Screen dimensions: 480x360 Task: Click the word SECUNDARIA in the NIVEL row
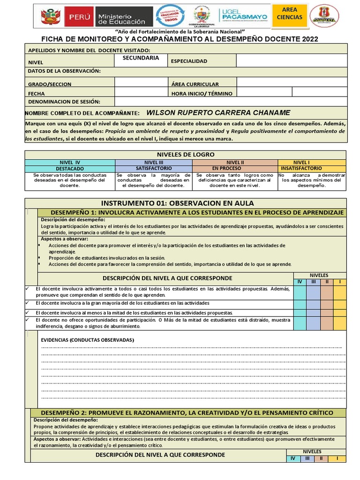tap(141, 58)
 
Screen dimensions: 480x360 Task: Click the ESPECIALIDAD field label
tap(189, 61)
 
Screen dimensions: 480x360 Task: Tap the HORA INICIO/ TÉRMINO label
tap(202, 93)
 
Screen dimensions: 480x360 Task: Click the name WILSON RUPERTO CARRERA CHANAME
tap(218, 112)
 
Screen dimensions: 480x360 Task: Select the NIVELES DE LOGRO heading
tap(186, 154)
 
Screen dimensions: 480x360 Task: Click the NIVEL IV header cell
tap(70, 162)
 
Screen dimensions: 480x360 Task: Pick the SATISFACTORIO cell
tap(153, 168)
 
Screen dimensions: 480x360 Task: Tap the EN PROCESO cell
tap(227, 168)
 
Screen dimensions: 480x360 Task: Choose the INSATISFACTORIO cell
tap(301, 168)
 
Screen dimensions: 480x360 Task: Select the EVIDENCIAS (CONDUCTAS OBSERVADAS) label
tap(88, 339)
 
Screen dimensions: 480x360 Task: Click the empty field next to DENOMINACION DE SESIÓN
tap(231, 102)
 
